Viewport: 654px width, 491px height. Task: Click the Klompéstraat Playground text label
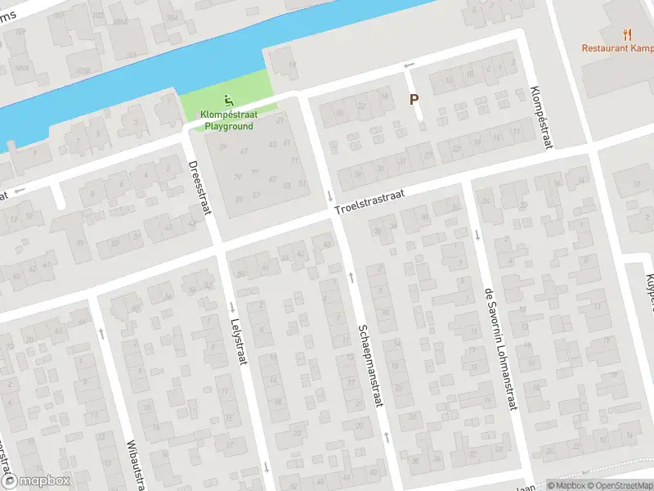click(x=229, y=121)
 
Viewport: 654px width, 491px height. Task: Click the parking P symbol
click(x=414, y=100)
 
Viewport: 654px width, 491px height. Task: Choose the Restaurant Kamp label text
click(x=617, y=47)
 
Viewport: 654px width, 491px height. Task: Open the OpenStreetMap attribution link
click(x=620, y=484)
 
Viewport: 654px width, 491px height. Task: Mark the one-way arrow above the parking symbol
click(x=410, y=65)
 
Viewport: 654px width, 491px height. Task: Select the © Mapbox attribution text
click(x=566, y=484)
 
